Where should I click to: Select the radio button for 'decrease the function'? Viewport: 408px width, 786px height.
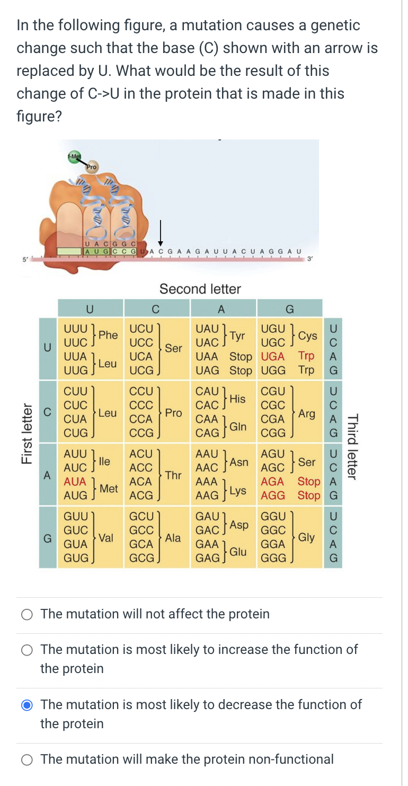click(x=28, y=705)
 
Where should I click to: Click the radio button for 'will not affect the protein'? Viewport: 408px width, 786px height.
click(x=28, y=614)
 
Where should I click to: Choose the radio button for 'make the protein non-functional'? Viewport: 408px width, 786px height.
click(x=28, y=759)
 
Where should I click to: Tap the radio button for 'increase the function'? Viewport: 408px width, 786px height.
click(x=28, y=650)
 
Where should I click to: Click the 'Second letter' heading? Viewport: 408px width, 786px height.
click(x=200, y=289)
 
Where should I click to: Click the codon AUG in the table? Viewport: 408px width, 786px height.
click(x=75, y=495)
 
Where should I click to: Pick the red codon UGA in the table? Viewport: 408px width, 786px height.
click(x=273, y=356)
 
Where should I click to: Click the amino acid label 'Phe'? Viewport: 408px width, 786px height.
click(x=108, y=335)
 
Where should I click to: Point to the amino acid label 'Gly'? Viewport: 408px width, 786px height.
click(x=306, y=537)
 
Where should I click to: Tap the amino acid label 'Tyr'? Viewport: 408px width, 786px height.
click(x=238, y=335)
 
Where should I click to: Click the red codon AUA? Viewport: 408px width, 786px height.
click(x=75, y=482)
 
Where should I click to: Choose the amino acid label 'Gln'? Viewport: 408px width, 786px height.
click(x=238, y=426)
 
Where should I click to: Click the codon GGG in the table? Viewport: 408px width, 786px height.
click(x=273, y=558)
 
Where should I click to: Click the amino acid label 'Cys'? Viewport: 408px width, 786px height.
click(x=307, y=335)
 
